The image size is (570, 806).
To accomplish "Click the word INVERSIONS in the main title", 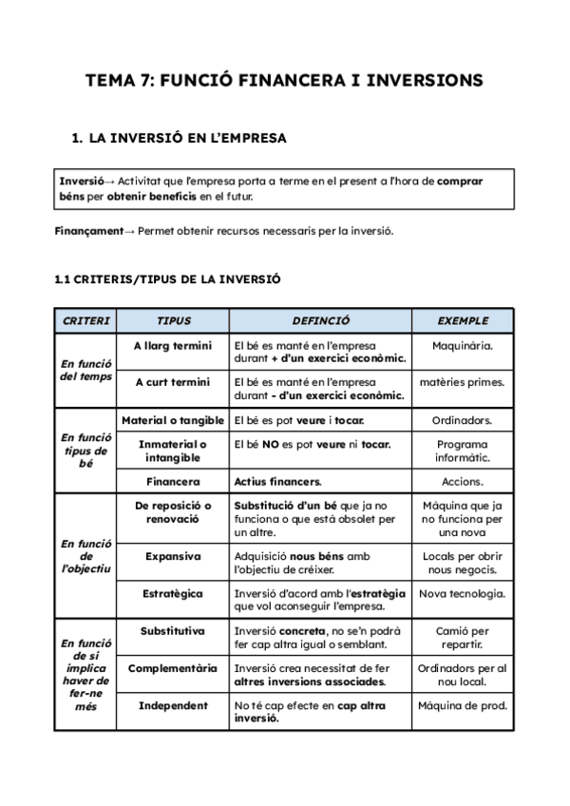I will coord(421,81).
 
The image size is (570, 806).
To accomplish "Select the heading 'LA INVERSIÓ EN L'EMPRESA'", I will coord(187,138).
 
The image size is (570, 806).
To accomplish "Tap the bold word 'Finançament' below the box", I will coord(89,231).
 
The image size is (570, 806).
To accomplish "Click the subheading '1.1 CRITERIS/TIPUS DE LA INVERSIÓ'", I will coord(168,279).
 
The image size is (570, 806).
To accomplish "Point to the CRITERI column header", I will coord(85,321).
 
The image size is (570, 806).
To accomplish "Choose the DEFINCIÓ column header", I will coord(320,321).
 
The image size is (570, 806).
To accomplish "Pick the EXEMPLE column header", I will coord(463,321).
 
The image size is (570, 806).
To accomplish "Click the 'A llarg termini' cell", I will coord(172,346).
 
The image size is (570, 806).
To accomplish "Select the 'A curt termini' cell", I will coord(172,382).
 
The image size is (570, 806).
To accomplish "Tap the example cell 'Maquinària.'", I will coord(463,346).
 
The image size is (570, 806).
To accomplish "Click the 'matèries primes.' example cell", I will coord(463,382).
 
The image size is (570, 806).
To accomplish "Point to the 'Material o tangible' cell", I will coord(172,420).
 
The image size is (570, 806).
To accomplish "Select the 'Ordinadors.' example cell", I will coord(463,420).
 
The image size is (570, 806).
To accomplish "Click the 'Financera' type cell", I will coord(172,482).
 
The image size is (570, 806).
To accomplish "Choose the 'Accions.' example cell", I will coord(463,482).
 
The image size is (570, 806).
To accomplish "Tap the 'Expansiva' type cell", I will coord(172,556).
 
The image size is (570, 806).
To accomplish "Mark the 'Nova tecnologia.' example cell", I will coord(463,594).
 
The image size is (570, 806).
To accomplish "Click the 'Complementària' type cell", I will coord(172,668).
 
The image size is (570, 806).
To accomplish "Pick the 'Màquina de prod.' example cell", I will coord(463,705).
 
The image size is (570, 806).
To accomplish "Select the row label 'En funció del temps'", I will coord(85,370).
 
